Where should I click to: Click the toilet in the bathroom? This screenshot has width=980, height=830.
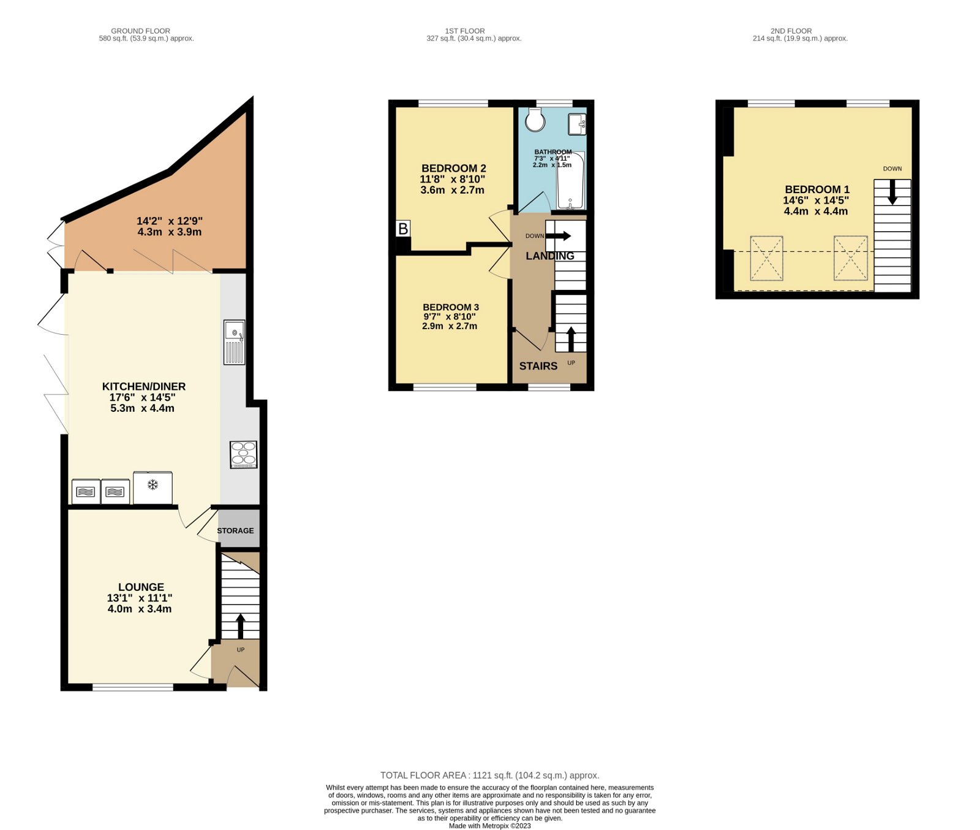535,120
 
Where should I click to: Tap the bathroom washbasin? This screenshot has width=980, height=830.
576,124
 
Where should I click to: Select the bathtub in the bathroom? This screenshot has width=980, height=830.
570,181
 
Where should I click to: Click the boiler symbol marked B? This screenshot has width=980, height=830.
402,229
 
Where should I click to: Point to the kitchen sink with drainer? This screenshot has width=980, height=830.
234,342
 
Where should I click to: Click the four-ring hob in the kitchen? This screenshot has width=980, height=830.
243,455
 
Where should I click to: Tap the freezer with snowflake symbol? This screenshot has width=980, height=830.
153,487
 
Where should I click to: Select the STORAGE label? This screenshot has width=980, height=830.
235,531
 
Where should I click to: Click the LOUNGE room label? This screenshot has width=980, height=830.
141,587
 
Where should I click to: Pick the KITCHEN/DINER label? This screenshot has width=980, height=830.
144,386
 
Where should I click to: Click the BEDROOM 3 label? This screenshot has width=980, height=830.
451,307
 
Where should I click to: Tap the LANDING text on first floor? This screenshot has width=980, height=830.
549,256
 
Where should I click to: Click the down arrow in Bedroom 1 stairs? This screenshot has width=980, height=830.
892,192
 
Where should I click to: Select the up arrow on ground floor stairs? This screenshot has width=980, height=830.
240,626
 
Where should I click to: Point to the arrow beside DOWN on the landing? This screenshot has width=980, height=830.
559,235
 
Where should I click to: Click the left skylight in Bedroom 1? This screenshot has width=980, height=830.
766,258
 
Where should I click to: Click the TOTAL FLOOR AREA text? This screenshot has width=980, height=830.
489,775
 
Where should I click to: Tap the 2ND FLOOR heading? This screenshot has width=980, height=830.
791,31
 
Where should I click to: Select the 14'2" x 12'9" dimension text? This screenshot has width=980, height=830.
169,221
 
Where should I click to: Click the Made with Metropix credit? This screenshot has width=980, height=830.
489,826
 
